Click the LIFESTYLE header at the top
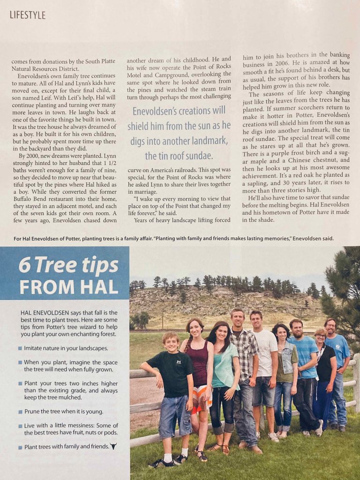(28, 15)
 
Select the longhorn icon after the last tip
(113, 446)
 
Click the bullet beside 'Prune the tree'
(20, 412)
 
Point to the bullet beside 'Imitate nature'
(20, 348)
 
